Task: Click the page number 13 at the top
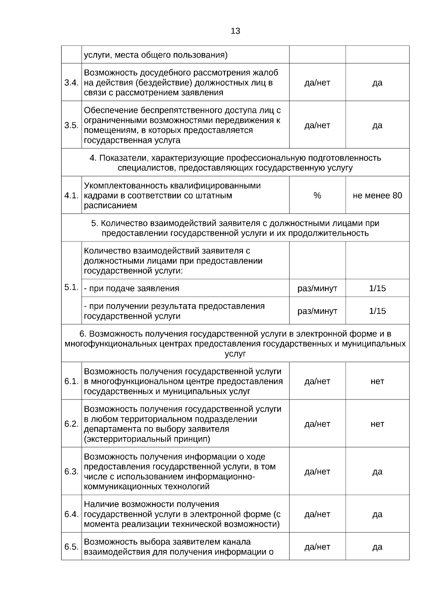click(x=235, y=31)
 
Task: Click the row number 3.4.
click(x=71, y=83)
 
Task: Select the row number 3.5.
click(x=71, y=125)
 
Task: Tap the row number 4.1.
click(x=71, y=196)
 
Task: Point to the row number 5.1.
click(x=71, y=287)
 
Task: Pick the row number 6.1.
click(x=71, y=381)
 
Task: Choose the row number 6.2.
click(x=71, y=424)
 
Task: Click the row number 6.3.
click(x=71, y=471)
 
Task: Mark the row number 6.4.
click(x=71, y=514)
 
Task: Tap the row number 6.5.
click(x=71, y=547)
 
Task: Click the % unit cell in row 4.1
click(x=317, y=196)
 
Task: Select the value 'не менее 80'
click(x=377, y=196)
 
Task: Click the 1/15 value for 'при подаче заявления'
click(x=377, y=288)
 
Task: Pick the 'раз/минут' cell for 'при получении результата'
click(x=317, y=311)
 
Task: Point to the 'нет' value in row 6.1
click(x=377, y=381)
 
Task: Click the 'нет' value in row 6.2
click(x=377, y=424)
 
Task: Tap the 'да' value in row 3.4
click(x=377, y=83)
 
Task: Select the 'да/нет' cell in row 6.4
click(x=317, y=514)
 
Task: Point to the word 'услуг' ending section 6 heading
click(x=235, y=354)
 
